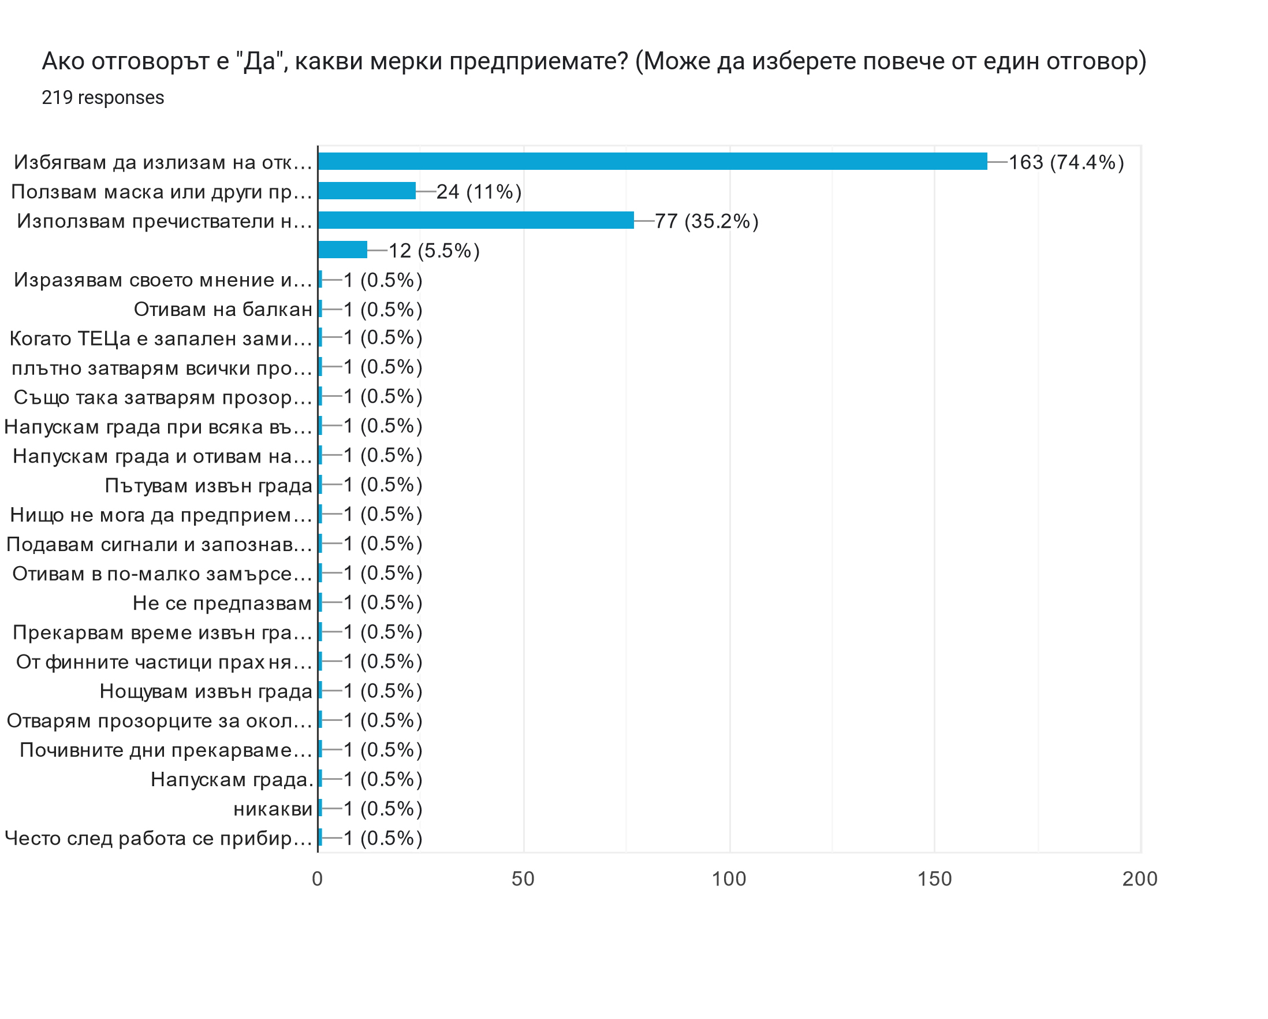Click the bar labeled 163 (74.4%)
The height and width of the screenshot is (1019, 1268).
pos(652,161)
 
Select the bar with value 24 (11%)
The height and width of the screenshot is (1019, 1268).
pos(367,191)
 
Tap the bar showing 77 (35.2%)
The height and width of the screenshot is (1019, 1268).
pos(475,220)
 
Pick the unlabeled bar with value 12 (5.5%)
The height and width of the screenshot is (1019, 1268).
pos(342,250)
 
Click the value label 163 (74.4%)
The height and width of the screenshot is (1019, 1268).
pos(1066,162)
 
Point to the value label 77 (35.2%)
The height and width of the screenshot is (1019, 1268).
pos(706,221)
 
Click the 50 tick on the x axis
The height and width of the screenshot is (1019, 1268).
pos(523,879)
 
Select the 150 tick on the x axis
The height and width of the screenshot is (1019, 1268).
pos(934,879)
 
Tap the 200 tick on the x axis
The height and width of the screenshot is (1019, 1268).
pos(1140,879)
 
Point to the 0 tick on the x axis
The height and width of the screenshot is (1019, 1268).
pos(318,879)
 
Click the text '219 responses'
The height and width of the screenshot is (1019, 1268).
pos(103,98)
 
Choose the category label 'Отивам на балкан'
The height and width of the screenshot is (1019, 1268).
pos(223,310)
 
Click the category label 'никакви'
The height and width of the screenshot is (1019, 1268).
pos(273,809)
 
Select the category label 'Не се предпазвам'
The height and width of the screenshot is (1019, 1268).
pos(222,603)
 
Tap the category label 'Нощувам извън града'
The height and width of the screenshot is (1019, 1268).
pos(206,691)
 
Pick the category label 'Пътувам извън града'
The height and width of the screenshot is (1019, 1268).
pos(208,485)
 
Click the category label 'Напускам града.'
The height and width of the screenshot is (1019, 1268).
pos(231,779)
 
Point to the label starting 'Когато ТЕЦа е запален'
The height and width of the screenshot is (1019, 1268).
pos(161,339)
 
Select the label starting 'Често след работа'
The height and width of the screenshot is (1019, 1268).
pos(158,838)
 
